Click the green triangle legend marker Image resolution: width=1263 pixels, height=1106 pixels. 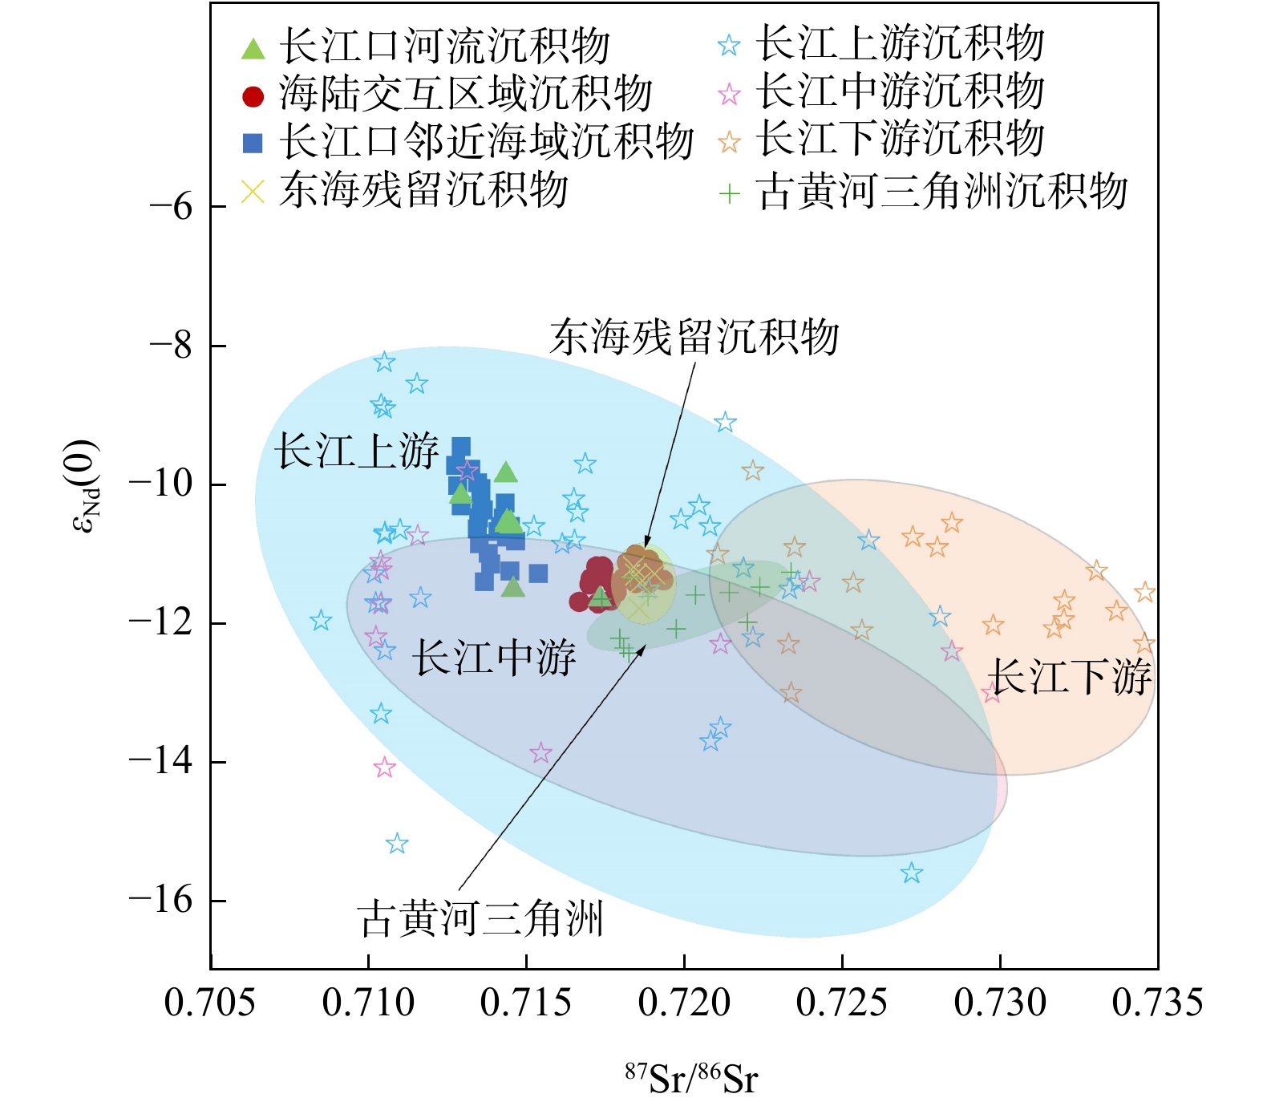[x=253, y=48]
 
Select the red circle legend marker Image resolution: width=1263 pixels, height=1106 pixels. [x=253, y=96]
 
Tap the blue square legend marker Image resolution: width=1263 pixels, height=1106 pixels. [x=253, y=143]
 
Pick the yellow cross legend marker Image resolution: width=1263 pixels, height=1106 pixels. [x=253, y=192]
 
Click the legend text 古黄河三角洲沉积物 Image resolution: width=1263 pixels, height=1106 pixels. [x=941, y=192]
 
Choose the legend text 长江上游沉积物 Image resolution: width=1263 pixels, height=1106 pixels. [x=900, y=43]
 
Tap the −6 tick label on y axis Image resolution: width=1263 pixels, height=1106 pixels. [x=171, y=207]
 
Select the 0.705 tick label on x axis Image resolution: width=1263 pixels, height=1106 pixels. [x=210, y=1003]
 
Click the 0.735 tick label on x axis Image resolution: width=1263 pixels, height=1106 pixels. [x=1157, y=1003]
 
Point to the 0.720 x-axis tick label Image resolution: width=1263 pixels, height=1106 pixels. [x=684, y=1003]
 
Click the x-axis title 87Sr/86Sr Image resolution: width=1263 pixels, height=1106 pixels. [x=690, y=1078]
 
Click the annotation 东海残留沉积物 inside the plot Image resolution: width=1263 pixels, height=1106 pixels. [x=694, y=338]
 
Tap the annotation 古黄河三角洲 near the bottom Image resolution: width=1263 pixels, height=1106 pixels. [x=481, y=918]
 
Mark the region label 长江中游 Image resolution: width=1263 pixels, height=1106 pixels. [x=494, y=658]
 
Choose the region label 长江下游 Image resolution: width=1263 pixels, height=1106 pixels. [x=1071, y=676]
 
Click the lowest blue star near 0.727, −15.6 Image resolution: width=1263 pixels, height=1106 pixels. [x=911, y=873]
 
